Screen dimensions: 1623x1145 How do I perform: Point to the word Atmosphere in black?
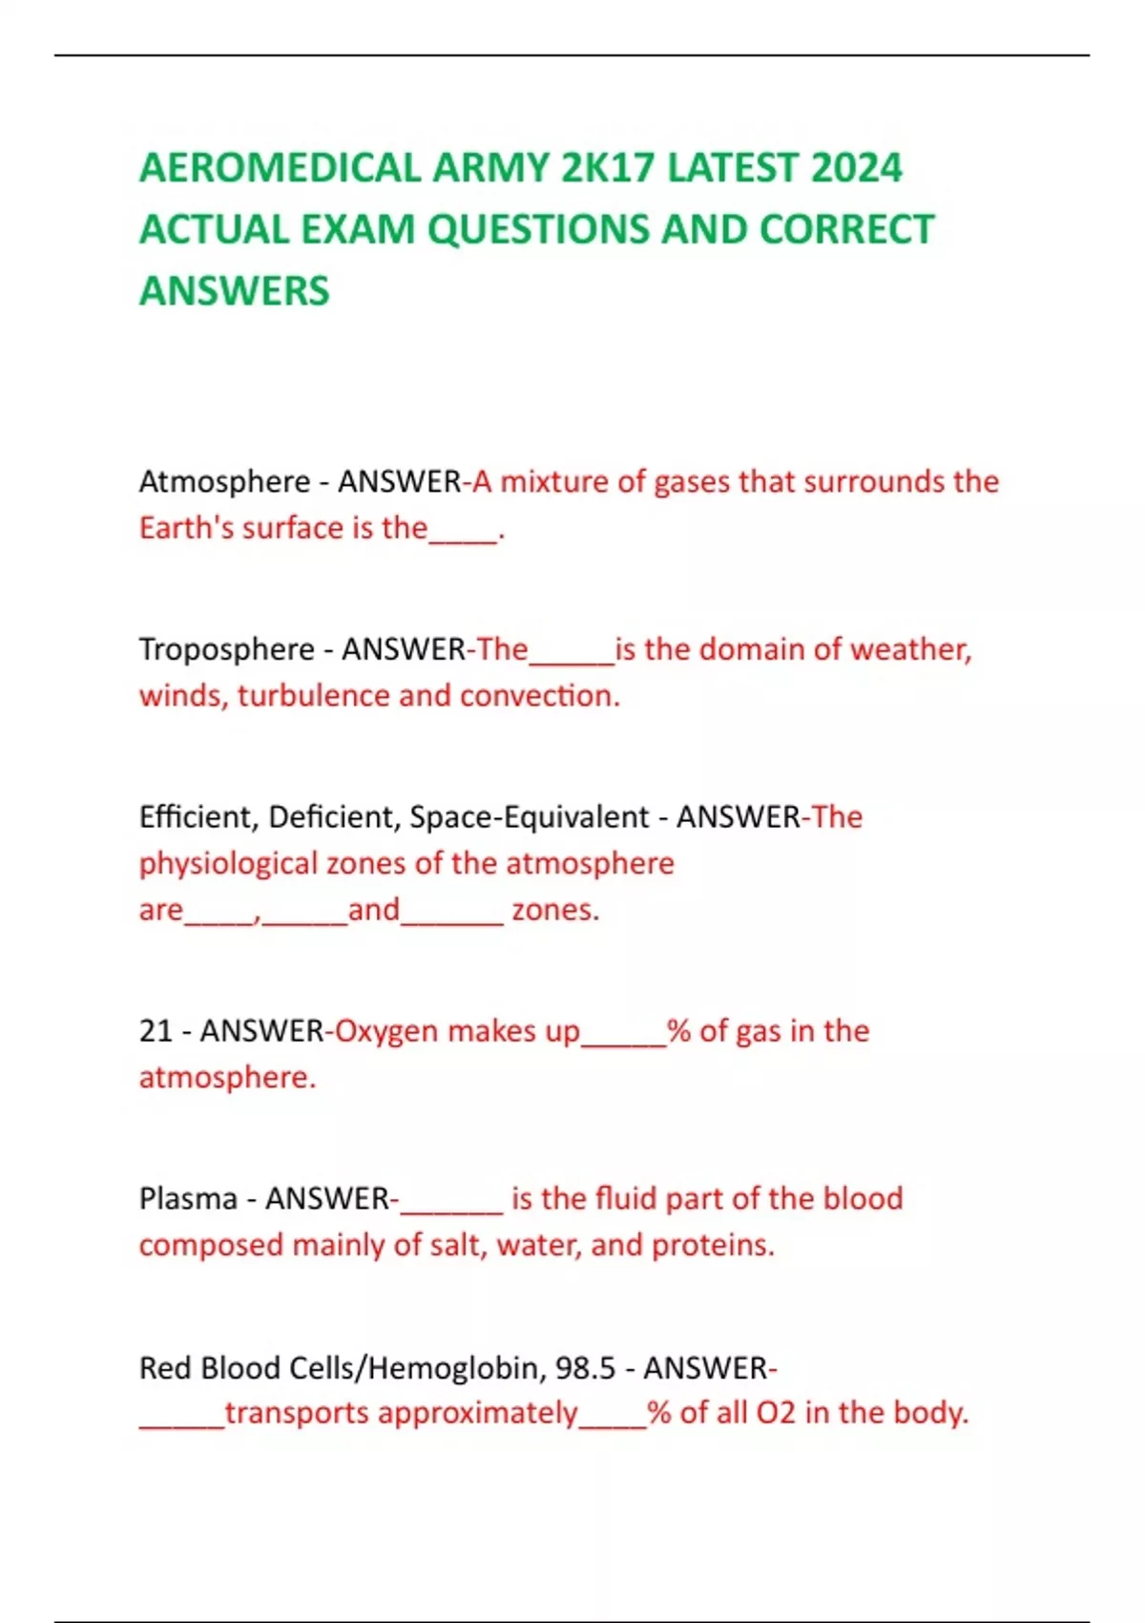click(x=224, y=481)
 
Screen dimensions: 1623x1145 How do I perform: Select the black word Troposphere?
click(x=226, y=649)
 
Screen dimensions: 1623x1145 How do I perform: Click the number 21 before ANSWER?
click(x=156, y=1031)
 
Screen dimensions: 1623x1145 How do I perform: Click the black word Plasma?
click(x=188, y=1199)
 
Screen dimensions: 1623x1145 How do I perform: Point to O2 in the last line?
click(x=776, y=1413)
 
